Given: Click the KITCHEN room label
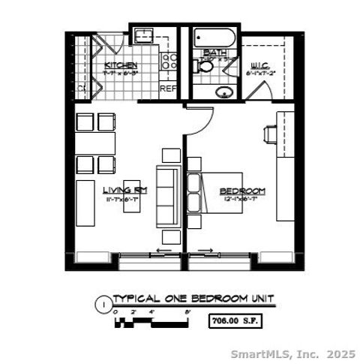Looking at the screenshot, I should [119, 65].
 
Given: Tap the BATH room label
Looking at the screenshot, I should [210, 53].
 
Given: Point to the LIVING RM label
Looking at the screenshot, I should [124, 190].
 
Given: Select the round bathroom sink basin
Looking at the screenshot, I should [223, 92].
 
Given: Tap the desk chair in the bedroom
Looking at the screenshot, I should [270, 134].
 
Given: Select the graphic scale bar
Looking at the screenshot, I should [150, 323].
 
